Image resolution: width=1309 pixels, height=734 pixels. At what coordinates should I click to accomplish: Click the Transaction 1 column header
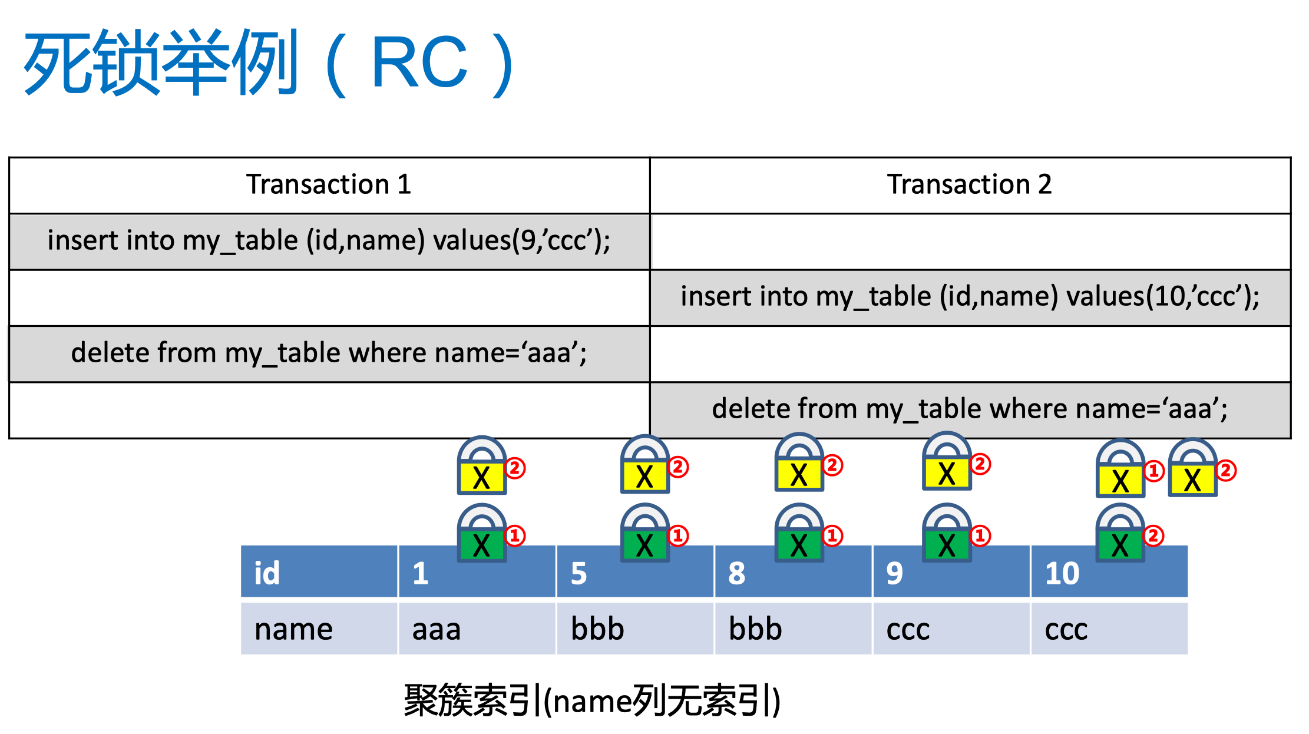[329, 184]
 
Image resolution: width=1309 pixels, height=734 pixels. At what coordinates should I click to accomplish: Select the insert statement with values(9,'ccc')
[329, 241]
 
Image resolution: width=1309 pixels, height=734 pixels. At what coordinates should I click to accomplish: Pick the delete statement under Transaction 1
[329, 353]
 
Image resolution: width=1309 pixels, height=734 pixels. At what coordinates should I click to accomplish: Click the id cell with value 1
[477, 571]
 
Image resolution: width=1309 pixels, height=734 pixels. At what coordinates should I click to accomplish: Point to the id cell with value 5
[635, 571]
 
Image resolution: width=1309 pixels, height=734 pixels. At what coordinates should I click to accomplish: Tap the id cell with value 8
[793, 571]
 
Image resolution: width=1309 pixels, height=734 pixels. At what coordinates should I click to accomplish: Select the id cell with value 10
[1109, 571]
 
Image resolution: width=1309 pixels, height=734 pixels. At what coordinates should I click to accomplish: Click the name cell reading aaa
[477, 629]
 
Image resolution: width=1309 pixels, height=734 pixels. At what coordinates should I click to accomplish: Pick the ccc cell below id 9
[951, 629]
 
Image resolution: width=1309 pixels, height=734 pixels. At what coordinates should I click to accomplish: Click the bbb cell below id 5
[635, 629]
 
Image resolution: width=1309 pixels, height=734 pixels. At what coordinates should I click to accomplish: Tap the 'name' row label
[319, 629]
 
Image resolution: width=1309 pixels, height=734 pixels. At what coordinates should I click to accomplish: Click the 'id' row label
[319, 571]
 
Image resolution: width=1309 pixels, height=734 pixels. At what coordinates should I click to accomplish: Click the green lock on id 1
[482, 533]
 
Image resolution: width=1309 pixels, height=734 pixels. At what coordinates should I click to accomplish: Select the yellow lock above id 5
[645, 464]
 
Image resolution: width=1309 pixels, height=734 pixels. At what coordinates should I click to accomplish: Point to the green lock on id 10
[1120, 533]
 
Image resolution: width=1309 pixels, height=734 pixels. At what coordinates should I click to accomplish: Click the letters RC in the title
[419, 62]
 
